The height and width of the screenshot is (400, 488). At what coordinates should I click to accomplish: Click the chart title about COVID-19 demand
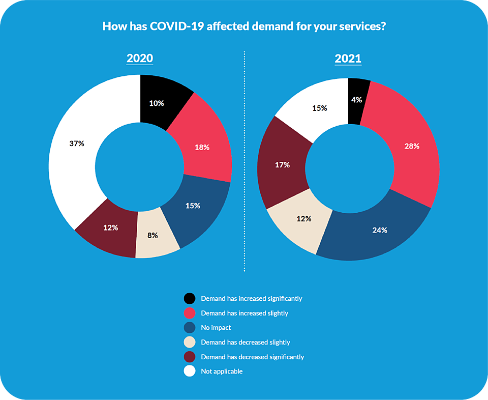244,26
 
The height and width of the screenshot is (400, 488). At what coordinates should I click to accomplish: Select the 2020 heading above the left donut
140,58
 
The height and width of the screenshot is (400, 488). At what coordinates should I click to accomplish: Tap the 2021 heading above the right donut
348,58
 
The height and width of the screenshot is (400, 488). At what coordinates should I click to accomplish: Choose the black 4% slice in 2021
357,100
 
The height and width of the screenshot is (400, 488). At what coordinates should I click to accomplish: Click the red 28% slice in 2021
411,147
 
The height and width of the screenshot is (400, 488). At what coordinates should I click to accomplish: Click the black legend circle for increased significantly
190,299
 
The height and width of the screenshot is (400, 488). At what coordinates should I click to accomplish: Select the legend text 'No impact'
216,328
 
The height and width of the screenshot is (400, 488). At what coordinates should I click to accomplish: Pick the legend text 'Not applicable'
222,372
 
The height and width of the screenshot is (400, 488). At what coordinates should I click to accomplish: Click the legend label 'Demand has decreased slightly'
246,342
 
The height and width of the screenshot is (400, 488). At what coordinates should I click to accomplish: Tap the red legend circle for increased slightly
190,313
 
